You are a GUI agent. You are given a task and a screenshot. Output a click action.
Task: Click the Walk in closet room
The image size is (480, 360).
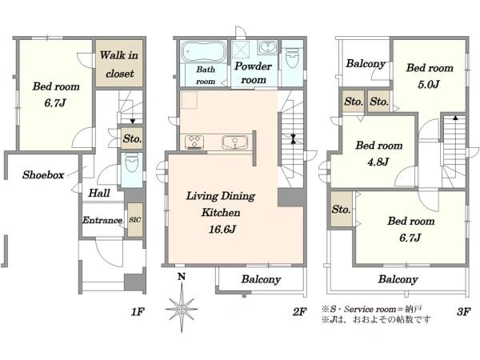point(119,63)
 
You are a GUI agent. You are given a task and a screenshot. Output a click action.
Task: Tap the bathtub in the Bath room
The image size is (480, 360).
point(203,52)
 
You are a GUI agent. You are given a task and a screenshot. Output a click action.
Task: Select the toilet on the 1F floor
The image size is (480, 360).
point(132,162)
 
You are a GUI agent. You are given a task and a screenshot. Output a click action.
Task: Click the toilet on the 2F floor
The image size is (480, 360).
point(292,58)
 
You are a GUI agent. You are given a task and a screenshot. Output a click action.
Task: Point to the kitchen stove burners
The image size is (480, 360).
point(194,142)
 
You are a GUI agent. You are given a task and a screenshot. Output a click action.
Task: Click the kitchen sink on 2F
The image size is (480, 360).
point(234,142)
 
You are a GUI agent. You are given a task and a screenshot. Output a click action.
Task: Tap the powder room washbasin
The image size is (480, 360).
point(267,47)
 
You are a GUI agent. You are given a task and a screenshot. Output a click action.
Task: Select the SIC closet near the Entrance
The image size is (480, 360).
point(135,220)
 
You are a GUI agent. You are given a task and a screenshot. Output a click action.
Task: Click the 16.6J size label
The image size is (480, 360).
point(222,230)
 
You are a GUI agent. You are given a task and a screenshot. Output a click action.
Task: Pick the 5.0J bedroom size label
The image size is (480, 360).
point(429,84)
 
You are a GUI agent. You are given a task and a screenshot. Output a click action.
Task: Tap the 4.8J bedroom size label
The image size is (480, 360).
point(378,162)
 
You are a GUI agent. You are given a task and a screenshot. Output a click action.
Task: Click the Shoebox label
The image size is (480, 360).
point(43,174)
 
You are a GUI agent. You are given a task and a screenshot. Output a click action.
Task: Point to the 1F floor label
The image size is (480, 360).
point(138,312)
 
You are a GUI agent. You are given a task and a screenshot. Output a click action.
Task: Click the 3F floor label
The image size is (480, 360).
point(463,312)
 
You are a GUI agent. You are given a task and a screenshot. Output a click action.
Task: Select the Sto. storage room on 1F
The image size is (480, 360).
point(132,138)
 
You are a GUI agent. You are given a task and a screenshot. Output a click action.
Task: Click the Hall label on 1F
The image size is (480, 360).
point(99,193)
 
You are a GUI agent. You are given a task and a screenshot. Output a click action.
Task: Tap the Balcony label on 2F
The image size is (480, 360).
point(261,279)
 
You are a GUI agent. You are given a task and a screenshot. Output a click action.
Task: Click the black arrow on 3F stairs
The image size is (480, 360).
point(455,118)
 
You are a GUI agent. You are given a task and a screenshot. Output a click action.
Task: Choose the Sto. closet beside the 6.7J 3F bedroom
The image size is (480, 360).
point(341,210)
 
